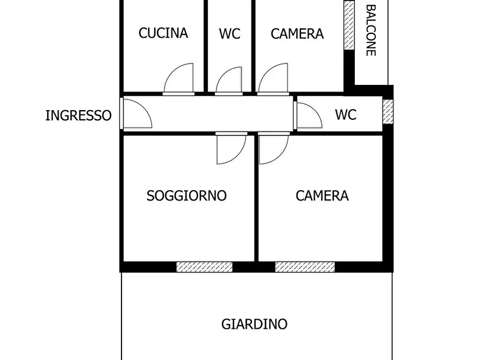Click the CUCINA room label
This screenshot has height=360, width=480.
[163, 33]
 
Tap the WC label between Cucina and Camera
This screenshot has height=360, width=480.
[230, 34]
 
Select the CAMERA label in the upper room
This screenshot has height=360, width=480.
[297, 34]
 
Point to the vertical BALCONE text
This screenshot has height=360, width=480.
[370, 30]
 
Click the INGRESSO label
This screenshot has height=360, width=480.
[78, 116]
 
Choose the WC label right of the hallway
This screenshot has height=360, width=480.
[345, 115]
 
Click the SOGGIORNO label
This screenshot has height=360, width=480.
[187, 196]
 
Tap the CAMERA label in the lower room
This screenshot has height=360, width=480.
[322, 196]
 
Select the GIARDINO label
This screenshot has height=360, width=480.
[254, 325]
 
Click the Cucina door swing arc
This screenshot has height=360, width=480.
[180, 78]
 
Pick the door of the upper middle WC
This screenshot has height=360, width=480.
[229, 81]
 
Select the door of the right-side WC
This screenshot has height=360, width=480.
[309, 116]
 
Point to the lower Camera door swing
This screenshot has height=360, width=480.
[273, 149]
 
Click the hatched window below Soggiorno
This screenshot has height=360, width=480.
[204, 267]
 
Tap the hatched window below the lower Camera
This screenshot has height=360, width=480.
[305, 267]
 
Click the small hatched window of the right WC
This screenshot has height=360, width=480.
[388, 111]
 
